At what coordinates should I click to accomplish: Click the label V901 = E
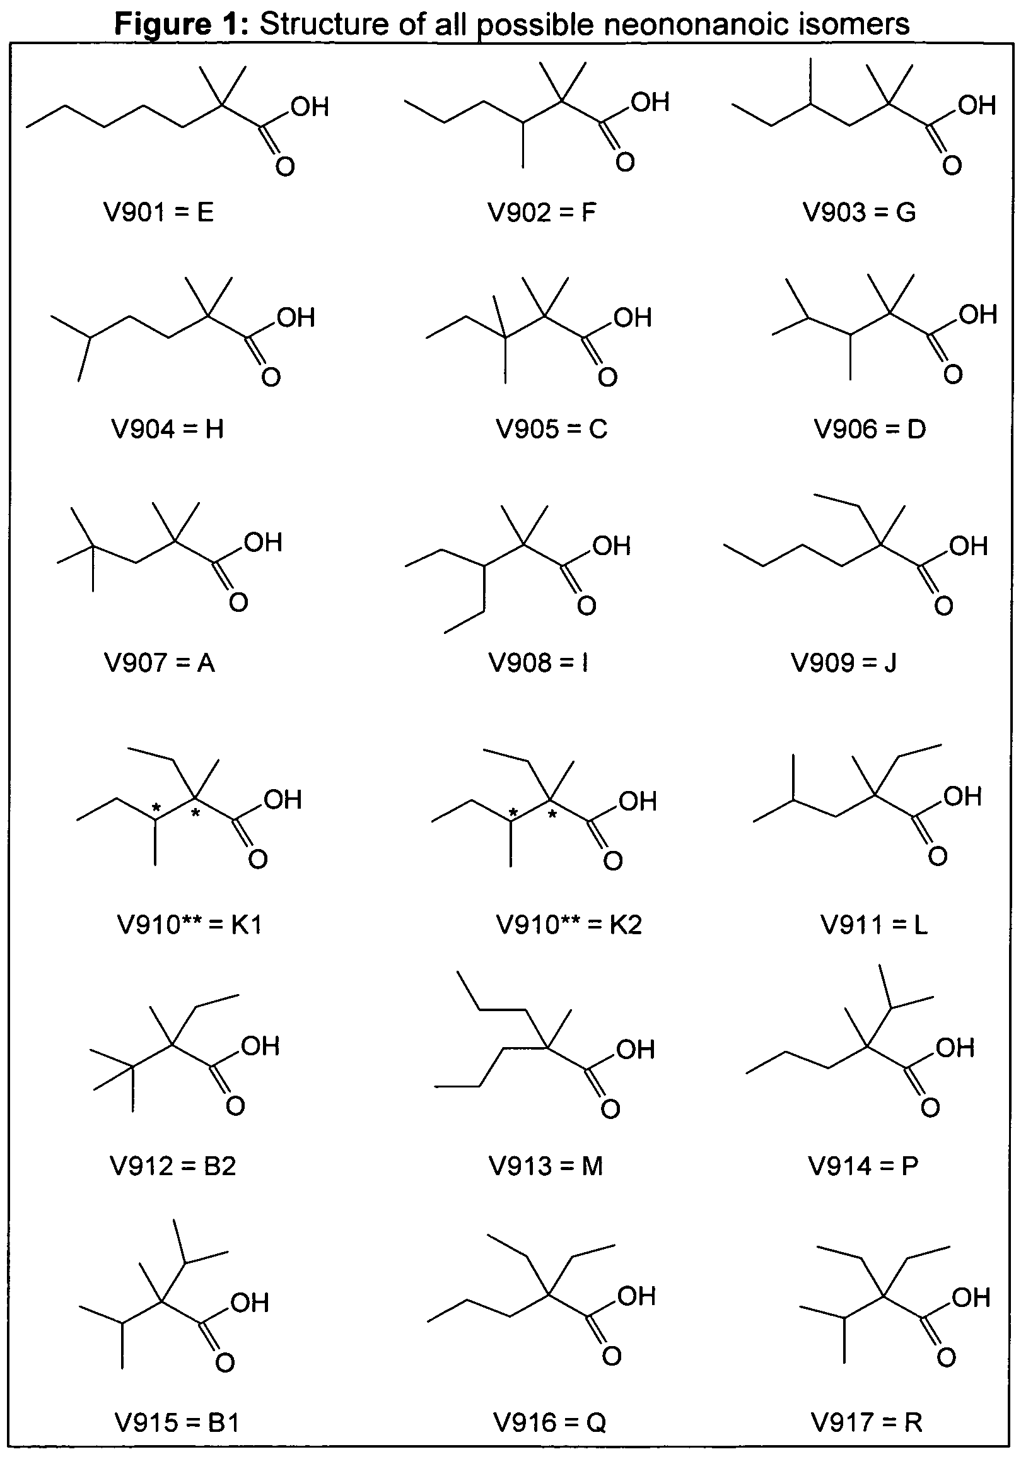pos(158,212)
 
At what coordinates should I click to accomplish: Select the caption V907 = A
pos(160,664)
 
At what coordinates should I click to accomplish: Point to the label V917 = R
pos(866,1422)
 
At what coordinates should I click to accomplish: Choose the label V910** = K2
pos(569,925)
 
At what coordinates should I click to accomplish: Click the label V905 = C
pos(551,430)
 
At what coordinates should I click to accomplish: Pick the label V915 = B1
pos(177,1422)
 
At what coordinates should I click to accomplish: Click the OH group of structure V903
pos(977,105)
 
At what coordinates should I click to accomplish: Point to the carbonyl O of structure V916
pos(611,1356)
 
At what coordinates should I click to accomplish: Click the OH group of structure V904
pos(296,318)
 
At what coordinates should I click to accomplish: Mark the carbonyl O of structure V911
pos(938,856)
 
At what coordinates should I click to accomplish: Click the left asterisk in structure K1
pos(156,808)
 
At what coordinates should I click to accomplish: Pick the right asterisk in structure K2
pos(552,814)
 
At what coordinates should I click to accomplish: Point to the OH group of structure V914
pos(955,1048)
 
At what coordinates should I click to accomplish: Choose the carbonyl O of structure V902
pos(625,162)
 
